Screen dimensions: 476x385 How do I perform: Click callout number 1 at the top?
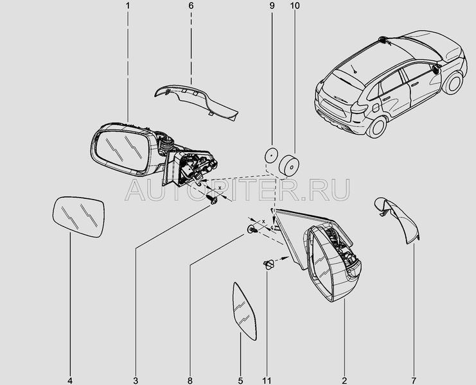point(128,6)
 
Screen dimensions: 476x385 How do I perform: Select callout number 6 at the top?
point(191,6)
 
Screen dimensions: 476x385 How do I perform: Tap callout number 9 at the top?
point(272,6)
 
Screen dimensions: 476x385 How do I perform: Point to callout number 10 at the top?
point(295,6)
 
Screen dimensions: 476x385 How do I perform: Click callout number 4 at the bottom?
point(70,381)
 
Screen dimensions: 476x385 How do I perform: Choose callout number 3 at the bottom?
point(136,381)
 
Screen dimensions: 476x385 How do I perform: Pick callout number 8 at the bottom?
point(190,381)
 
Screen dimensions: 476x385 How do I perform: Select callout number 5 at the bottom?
point(240,381)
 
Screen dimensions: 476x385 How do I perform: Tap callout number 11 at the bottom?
point(267,381)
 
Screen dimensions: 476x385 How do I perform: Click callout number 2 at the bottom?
point(344,381)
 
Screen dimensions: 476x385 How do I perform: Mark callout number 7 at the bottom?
point(414,381)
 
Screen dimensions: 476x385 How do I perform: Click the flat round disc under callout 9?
point(271,157)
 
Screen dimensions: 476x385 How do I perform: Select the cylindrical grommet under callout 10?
point(288,166)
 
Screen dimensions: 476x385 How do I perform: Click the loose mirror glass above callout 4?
point(78,217)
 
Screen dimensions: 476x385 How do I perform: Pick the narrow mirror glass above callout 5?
point(243,311)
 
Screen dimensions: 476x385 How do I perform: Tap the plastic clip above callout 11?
point(269,264)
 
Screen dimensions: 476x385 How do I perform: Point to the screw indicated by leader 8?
point(252,229)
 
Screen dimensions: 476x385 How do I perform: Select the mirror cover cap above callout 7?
point(398,219)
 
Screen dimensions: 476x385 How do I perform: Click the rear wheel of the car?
point(376,126)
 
